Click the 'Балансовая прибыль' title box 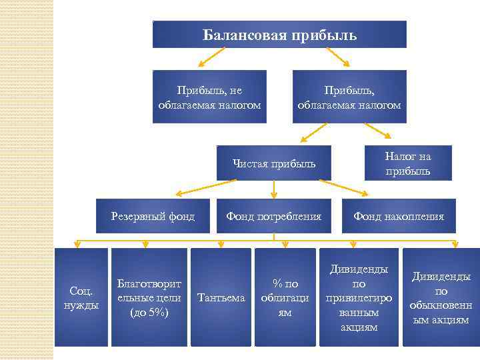tap(279, 34)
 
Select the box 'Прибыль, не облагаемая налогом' tap(209, 97)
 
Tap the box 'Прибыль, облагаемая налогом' tap(349, 97)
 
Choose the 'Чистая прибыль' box tap(274, 163)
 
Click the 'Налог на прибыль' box tap(407, 163)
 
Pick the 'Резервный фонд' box tap(153, 216)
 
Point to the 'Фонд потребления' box tap(273, 216)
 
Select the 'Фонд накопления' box tap(398, 216)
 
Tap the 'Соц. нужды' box tap(81, 297)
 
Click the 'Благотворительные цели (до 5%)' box tap(148, 297)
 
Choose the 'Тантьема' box tap(221, 297)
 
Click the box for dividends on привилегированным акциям tap(359, 297)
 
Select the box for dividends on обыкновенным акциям tap(441, 297)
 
